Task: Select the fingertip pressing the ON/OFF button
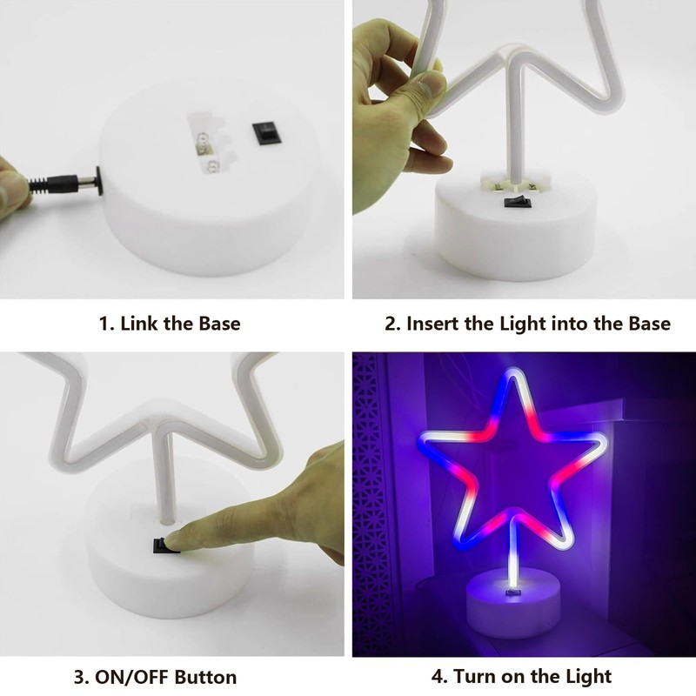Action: pyautogui.click(x=178, y=537)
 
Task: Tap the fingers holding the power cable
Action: pyautogui.click(x=13, y=178)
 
